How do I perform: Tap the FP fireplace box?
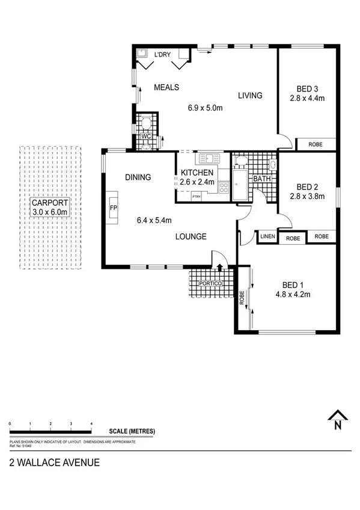click(x=113, y=208)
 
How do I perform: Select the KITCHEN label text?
click(x=197, y=173)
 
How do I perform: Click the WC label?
click(x=145, y=136)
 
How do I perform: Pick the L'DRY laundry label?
click(x=162, y=55)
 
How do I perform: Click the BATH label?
click(x=261, y=179)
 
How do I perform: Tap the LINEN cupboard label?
click(x=267, y=237)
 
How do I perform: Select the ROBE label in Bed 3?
click(x=315, y=144)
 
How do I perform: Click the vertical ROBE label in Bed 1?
click(x=242, y=298)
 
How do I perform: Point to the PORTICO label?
click(x=212, y=283)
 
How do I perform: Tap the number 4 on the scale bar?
click(x=91, y=424)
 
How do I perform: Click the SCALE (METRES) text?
click(x=132, y=431)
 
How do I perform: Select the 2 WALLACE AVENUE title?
click(x=54, y=462)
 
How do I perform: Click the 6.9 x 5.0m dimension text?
click(x=205, y=108)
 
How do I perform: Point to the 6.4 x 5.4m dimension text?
click(x=154, y=220)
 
